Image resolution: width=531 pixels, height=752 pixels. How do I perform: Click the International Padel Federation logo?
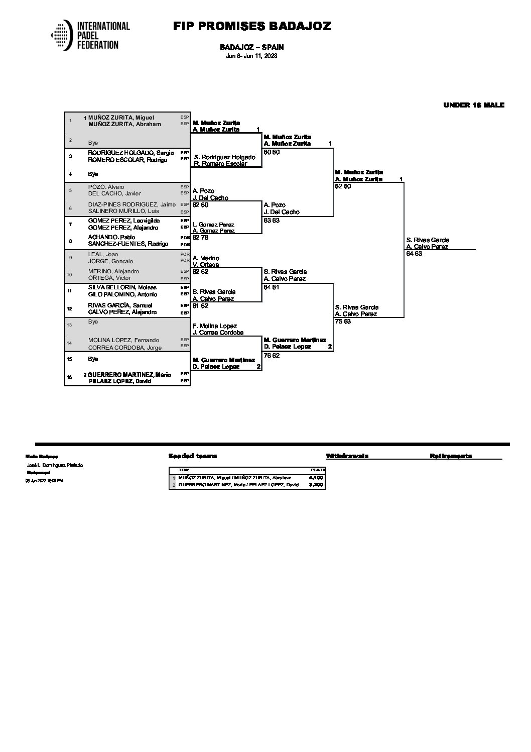click(90, 35)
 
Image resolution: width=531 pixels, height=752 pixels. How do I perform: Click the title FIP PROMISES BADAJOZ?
click(252, 27)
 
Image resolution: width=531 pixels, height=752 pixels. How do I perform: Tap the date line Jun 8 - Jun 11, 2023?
click(251, 56)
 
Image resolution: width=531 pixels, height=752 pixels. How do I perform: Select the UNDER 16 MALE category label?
click(473, 105)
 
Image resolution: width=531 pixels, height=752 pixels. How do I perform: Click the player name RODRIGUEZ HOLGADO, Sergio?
click(130, 153)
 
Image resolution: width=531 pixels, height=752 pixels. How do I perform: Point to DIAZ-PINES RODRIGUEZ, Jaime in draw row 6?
click(131, 204)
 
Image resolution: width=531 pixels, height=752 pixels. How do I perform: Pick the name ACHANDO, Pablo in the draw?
click(111, 237)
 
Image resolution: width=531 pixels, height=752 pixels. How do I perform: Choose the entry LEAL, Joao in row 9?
click(103, 254)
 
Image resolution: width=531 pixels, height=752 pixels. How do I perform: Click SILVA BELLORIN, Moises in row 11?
click(122, 287)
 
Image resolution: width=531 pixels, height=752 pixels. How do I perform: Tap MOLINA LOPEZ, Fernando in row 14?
click(123, 340)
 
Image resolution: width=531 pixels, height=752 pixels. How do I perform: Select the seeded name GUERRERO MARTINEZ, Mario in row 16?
click(129, 375)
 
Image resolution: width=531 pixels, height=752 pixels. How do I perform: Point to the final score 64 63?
click(414, 254)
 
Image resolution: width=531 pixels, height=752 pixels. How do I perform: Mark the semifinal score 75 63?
click(343, 321)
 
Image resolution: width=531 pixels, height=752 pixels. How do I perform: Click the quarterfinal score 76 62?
click(272, 356)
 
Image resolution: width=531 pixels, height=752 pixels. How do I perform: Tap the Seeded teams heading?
click(193, 456)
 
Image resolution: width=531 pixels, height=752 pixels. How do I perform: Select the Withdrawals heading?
click(347, 456)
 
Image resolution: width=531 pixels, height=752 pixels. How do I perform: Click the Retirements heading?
click(450, 456)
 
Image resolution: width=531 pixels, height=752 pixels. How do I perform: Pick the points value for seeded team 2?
click(316, 485)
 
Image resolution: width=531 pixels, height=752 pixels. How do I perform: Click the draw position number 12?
click(70, 308)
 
